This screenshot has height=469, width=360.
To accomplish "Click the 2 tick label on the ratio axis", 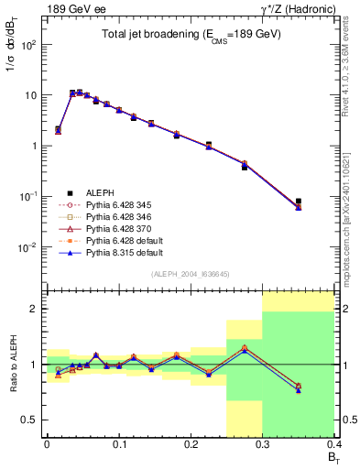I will pos(38,309).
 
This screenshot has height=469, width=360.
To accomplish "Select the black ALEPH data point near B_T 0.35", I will pos(299,201).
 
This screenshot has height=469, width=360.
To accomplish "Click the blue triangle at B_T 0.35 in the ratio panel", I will pos(299,390).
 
